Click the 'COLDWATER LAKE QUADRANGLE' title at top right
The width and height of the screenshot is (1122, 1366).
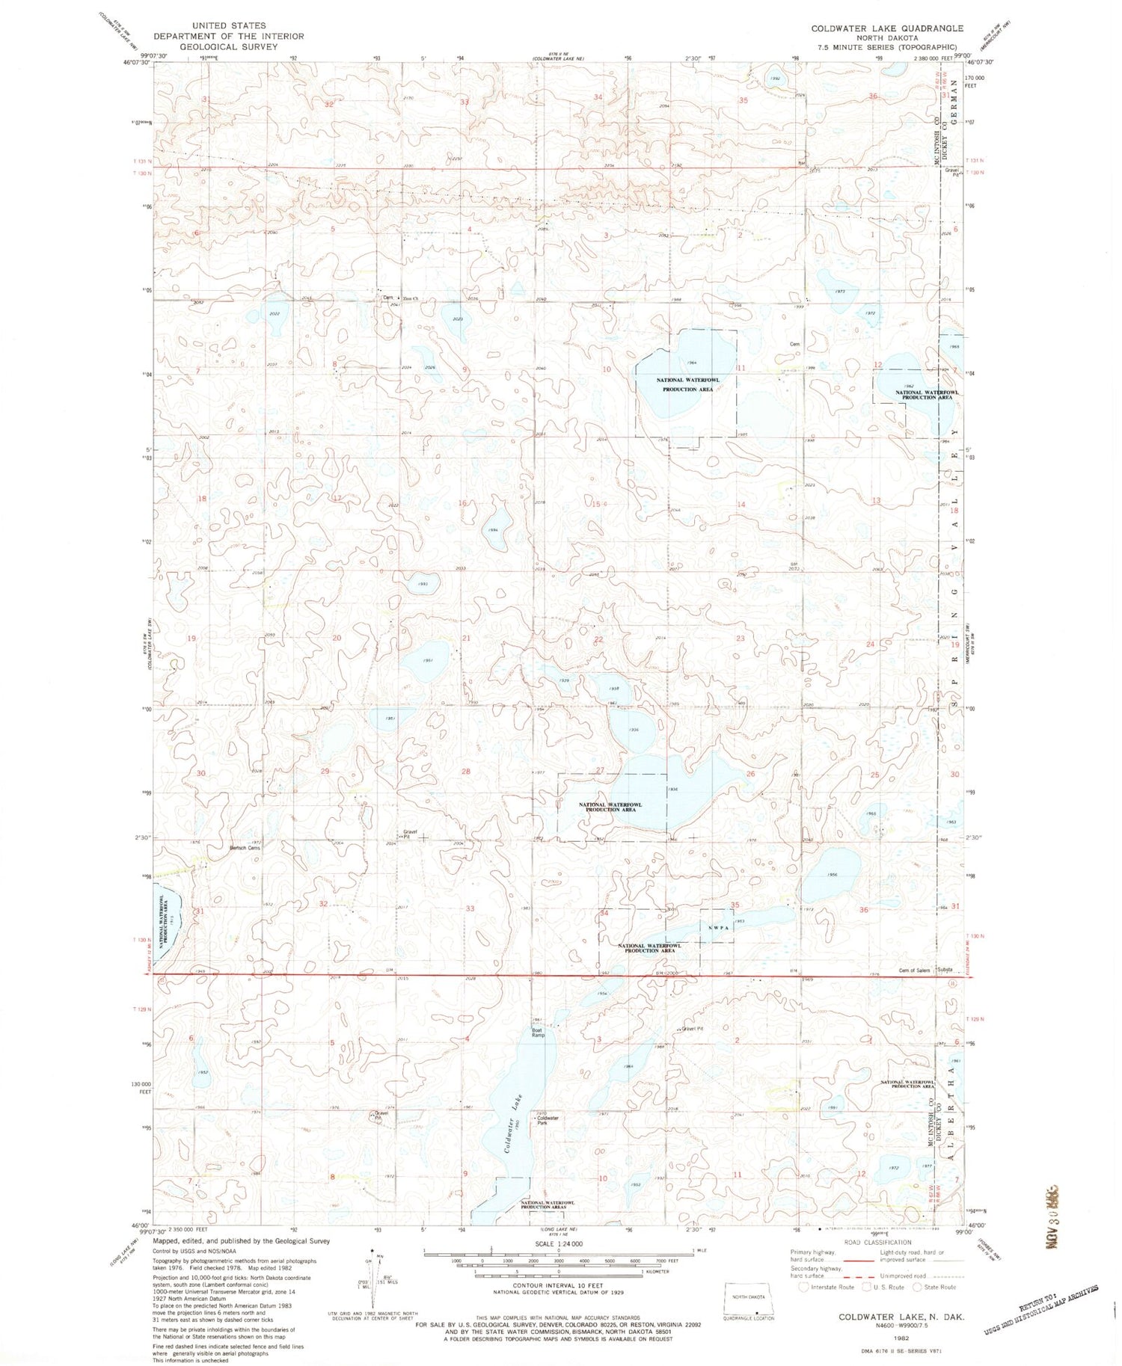[887, 28]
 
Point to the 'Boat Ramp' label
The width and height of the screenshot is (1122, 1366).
[538, 1033]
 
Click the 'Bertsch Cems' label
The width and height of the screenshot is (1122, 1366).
[245, 848]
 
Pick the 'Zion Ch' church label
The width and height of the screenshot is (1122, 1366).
[409, 299]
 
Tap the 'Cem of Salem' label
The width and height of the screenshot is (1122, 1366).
[914, 970]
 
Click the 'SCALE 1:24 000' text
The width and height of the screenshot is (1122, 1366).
[559, 1244]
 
